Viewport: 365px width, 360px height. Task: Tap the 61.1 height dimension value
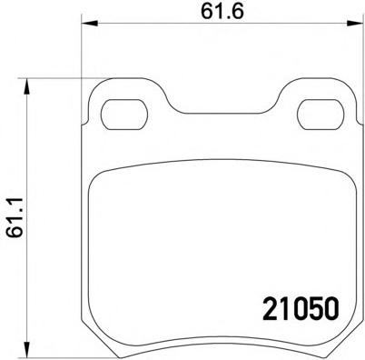pyautogui.click(x=14, y=218)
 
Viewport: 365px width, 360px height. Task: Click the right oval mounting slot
pyautogui.click(x=317, y=116)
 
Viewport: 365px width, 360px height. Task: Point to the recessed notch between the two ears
pyautogui.click(x=218, y=111)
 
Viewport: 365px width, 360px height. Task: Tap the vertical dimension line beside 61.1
pyautogui.click(x=33, y=273)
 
